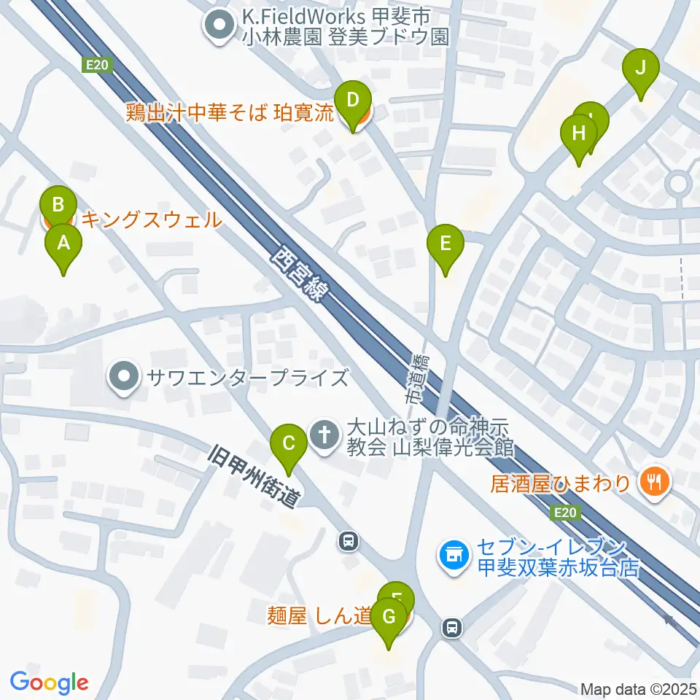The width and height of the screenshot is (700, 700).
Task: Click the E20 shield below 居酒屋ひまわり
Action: [x=565, y=513]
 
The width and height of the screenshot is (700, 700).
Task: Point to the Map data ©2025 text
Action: [x=638, y=688]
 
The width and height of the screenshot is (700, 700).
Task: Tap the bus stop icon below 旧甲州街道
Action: [x=349, y=541]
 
